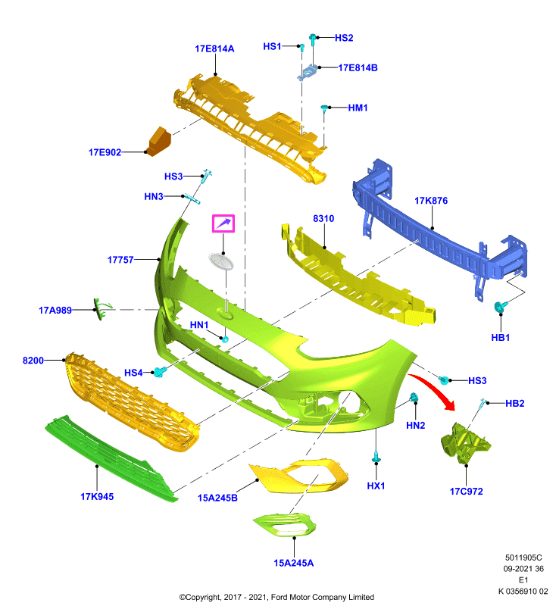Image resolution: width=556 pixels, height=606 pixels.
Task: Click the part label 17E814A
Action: [214, 48]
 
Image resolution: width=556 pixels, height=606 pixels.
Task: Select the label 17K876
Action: [431, 201]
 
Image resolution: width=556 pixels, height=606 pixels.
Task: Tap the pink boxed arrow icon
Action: [223, 223]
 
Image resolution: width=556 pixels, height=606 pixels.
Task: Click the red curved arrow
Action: [435, 389]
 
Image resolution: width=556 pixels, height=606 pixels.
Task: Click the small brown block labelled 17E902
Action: [160, 141]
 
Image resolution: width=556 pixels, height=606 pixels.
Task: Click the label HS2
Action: [344, 38]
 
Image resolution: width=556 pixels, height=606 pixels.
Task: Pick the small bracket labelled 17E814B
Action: [308, 73]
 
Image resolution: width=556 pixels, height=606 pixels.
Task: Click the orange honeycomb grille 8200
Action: [132, 402]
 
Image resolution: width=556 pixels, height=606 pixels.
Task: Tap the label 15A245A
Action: [294, 563]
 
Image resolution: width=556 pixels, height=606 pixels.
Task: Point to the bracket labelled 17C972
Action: [466, 443]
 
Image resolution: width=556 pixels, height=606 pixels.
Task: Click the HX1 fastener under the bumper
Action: [376, 457]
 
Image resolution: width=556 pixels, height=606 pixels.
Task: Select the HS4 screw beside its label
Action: [159, 372]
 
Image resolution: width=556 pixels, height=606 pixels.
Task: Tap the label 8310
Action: [323, 219]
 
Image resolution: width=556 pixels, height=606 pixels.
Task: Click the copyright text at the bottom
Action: [276, 597]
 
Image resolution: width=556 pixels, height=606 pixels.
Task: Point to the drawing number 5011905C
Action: [523, 558]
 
